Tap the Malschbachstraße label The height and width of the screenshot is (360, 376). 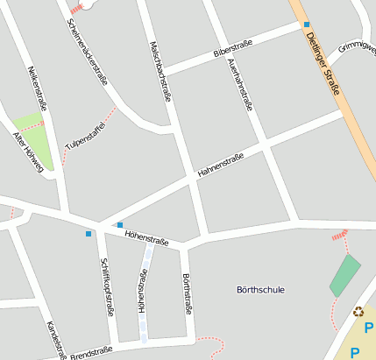(160, 69)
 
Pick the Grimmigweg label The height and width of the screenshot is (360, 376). (358, 46)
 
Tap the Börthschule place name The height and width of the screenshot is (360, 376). (260, 289)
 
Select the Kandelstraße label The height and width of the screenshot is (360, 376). (56, 340)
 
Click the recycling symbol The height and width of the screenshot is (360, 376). (358, 310)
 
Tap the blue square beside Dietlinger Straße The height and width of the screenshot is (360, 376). (307, 25)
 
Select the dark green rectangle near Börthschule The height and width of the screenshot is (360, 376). (344, 275)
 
